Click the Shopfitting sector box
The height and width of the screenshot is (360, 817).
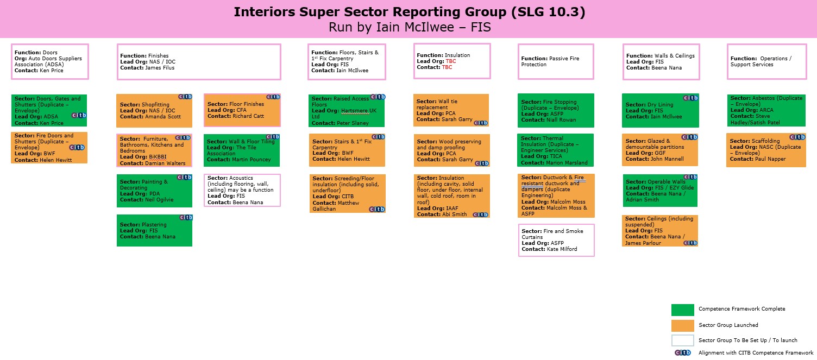click(154, 111)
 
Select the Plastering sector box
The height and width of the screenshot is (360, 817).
click(154, 231)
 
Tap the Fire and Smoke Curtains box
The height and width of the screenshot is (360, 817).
click(556, 241)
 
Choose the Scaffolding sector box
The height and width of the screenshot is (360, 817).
click(766, 150)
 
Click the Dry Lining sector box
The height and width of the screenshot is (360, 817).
click(660, 111)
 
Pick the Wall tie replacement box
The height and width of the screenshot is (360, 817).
click(451, 110)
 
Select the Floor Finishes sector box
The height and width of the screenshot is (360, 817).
click(242, 110)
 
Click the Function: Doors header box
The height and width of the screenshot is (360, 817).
click(50, 62)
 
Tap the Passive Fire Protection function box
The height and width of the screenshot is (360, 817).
click(556, 62)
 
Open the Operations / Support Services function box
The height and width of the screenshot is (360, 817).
click(766, 62)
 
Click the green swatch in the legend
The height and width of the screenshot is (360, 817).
click(682, 310)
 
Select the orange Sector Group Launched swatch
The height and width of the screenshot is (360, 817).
click(682, 326)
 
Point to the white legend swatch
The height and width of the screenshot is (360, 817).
click(682, 340)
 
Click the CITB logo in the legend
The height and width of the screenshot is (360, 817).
click(682, 353)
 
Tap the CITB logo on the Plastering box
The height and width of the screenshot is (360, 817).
click(186, 217)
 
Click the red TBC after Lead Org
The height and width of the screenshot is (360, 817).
click(451, 61)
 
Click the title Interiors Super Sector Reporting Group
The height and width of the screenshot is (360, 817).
click(370, 12)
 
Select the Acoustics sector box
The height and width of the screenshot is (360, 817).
click(242, 190)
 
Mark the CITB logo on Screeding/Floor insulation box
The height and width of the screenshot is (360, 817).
click(377, 210)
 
